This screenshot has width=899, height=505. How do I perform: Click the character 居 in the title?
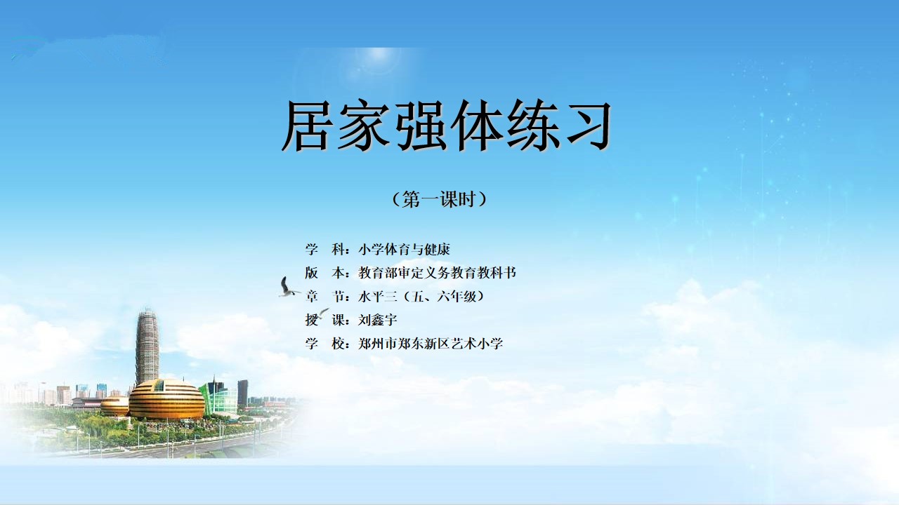tap(308, 125)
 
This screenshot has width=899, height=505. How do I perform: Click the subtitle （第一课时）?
tap(440, 198)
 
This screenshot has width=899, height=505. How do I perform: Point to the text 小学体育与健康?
tap(404, 249)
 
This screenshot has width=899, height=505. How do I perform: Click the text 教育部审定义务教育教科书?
tap(437, 273)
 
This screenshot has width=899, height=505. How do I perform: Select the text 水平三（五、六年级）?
tap(421, 296)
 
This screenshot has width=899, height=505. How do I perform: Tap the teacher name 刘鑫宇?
tap(378, 320)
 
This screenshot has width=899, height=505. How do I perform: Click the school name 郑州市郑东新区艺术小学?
tap(431, 344)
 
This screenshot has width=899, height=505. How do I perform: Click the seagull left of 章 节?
tap(288, 288)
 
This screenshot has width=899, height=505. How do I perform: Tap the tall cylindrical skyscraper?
tap(147, 347)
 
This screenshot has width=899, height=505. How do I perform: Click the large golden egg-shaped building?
tap(166, 399)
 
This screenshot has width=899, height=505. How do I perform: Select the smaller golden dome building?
tap(114, 405)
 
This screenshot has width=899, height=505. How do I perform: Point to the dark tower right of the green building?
tap(243, 392)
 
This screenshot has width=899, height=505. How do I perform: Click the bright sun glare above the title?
tap(377, 63)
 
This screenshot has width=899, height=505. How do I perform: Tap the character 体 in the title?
tap(477, 125)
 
